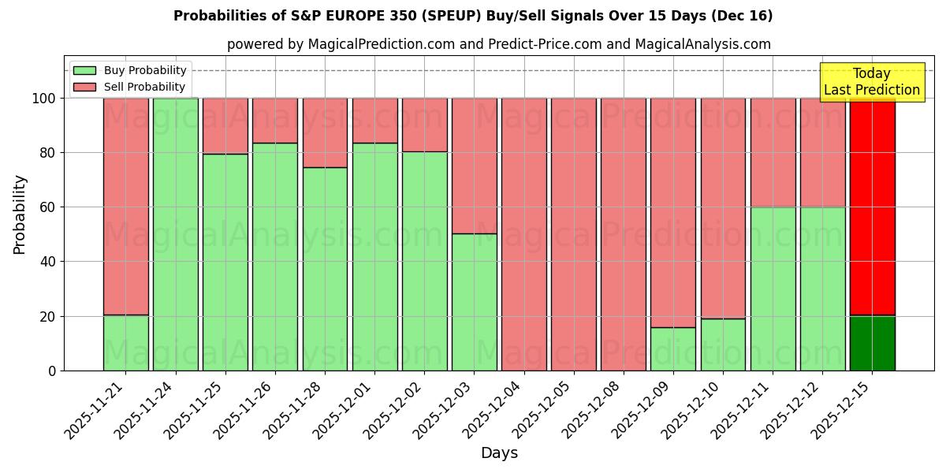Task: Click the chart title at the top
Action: pyautogui.click(x=473, y=16)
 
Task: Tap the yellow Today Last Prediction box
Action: pyautogui.click(x=871, y=82)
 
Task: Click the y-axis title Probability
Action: pyautogui.click(x=20, y=214)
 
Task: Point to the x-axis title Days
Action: pyautogui.click(x=499, y=453)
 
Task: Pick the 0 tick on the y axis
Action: pyautogui.click(x=52, y=371)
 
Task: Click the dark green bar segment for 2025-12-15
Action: pyautogui.click(x=872, y=343)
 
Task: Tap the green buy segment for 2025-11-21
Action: pyautogui.click(x=125, y=343)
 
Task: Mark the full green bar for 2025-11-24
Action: pyautogui.click(x=175, y=234)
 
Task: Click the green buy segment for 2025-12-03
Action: pyautogui.click(x=474, y=302)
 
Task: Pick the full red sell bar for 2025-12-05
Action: pyautogui.click(x=573, y=234)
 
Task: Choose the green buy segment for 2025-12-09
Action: pyautogui.click(x=673, y=348)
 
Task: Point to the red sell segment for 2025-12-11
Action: pyautogui.click(x=773, y=153)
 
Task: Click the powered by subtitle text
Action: pyautogui.click(x=499, y=44)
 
